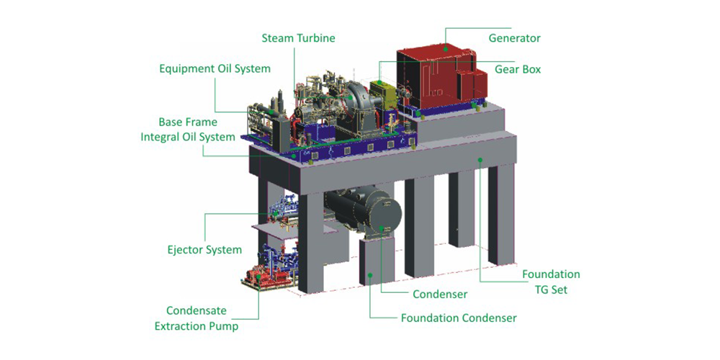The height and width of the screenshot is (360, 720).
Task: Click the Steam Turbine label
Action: pyautogui.click(x=299, y=37)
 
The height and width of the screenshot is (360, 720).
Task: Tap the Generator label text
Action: pyautogui.click(x=514, y=37)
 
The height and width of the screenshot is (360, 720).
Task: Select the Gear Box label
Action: pyautogui.click(x=518, y=69)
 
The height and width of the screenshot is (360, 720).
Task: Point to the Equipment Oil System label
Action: pyautogui.click(x=215, y=69)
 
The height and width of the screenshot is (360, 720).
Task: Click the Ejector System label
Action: pyautogui.click(x=204, y=250)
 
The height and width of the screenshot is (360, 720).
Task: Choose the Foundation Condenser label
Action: pyautogui.click(x=459, y=318)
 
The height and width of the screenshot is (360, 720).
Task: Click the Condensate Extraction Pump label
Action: pyautogui.click(x=197, y=319)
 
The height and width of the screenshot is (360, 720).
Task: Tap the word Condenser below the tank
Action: pyautogui.click(x=440, y=294)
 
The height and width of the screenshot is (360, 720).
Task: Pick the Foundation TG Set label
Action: pyautogui.click(x=551, y=282)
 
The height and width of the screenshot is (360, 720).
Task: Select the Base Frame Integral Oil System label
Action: pyautogui.click(x=188, y=130)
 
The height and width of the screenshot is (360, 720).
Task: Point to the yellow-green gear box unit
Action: pyautogui.click(x=384, y=94)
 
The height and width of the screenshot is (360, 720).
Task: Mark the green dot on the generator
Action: pyautogui.click(x=445, y=48)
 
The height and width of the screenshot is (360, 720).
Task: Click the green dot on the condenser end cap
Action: pyautogui.click(x=382, y=228)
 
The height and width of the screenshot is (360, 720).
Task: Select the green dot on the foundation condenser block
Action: pyautogui.click(x=370, y=274)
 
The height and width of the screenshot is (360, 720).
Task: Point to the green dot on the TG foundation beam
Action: pyautogui.click(x=480, y=160)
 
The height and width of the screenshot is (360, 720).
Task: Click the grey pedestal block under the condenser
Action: pyautogui.click(x=377, y=259)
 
